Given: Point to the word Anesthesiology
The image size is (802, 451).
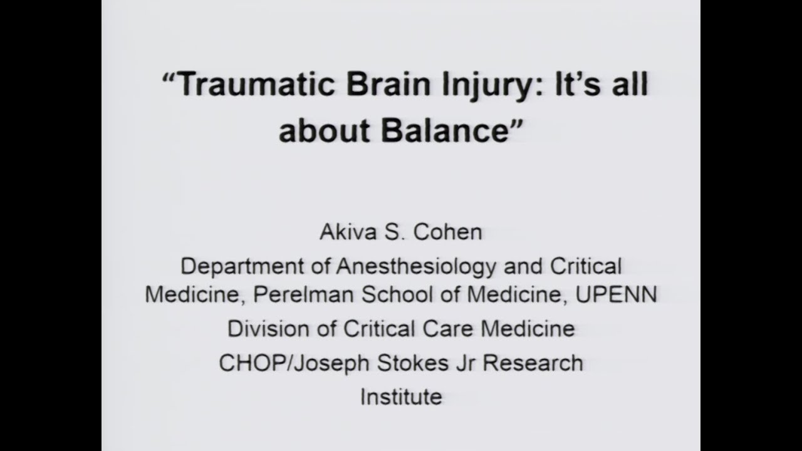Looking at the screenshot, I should click(x=416, y=267).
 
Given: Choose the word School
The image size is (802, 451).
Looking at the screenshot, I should click(x=395, y=294).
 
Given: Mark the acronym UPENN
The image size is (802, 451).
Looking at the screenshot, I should click(x=617, y=294).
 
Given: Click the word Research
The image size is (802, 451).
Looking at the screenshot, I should click(x=526, y=363).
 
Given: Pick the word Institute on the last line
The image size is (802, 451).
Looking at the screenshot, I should click(x=401, y=397).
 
